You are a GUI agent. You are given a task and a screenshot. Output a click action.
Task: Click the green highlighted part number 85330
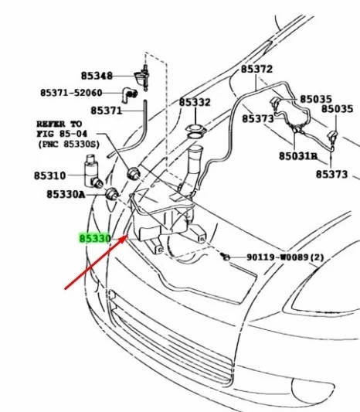tap(95, 239)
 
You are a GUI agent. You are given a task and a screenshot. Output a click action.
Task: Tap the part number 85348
tap(97, 76)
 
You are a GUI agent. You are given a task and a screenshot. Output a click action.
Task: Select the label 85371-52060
tap(71, 93)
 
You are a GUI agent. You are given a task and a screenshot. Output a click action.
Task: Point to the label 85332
tap(195, 102)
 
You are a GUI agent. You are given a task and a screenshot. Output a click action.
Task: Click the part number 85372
tap(256, 69)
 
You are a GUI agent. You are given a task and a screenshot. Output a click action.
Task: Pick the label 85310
tap(50, 175)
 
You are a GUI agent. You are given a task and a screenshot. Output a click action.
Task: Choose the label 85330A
tap(66, 195)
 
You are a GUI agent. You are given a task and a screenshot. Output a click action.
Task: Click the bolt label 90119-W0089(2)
tap(285, 257)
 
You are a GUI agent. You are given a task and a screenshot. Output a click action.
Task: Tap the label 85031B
tap(298, 156)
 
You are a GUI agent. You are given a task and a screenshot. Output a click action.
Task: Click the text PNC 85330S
tap(69, 145)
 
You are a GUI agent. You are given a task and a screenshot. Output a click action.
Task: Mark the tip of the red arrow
tap(127, 236)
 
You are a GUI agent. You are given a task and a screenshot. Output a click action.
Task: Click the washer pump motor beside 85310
tap(93, 172)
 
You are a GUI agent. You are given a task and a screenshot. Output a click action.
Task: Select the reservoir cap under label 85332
tap(196, 130)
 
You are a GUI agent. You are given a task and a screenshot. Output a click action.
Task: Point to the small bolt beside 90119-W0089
tap(226, 257)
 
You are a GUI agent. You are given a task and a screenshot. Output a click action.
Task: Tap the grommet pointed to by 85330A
tap(112, 194)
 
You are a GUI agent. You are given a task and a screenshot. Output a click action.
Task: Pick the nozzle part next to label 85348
tap(143, 78)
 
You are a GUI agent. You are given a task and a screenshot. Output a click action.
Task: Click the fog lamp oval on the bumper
tap(312, 387)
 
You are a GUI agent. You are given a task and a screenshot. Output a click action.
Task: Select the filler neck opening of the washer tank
tap(195, 149)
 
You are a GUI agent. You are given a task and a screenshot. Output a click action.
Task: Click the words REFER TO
tap(59, 124)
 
